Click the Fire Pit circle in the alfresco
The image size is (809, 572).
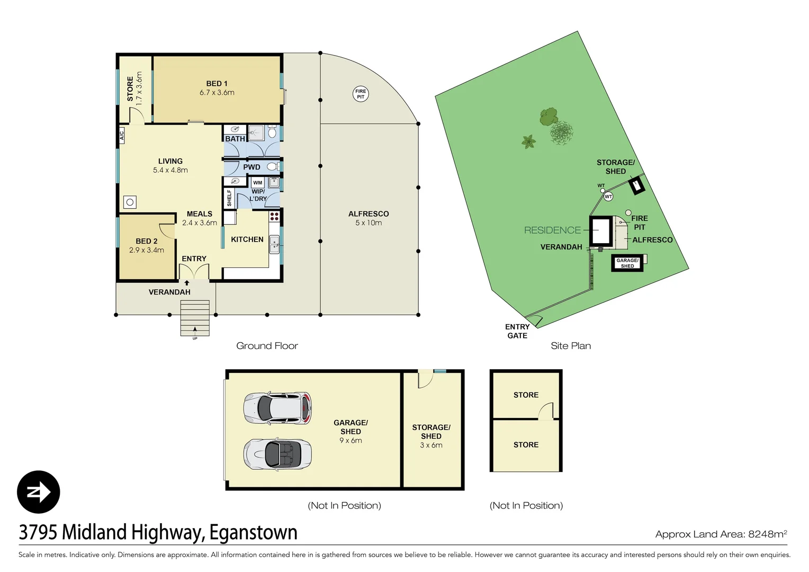(x=361, y=94)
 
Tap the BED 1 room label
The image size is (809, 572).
(x=217, y=84)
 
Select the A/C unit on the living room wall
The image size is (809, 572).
(x=121, y=135)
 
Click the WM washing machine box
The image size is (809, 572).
(x=258, y=183)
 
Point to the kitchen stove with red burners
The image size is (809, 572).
(x=274, y=216)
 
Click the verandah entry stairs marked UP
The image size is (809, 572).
(x=195, y=318)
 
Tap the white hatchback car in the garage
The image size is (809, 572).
(x=277, y=408)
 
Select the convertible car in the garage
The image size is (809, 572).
(x=277, y=454)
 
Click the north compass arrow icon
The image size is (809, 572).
(x=39, y=492)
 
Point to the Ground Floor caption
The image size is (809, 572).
(x=267, y=346)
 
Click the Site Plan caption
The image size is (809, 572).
(x=571, y=346)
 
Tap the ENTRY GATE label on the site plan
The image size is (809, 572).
(x=517, y=331)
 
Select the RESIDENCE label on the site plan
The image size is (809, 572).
(x=552, y=230)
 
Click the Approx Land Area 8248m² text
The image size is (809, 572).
(x=721, y=534)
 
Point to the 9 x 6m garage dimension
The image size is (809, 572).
(x=350, y=441)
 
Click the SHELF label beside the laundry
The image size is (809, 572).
(x=229, y=198)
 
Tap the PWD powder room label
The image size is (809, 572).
(x=251, y=167)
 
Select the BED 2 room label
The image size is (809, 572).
(x=147, y=241)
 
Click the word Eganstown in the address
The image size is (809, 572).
(x=253, y=532)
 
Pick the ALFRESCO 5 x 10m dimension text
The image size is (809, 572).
(x=368, y=223)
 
